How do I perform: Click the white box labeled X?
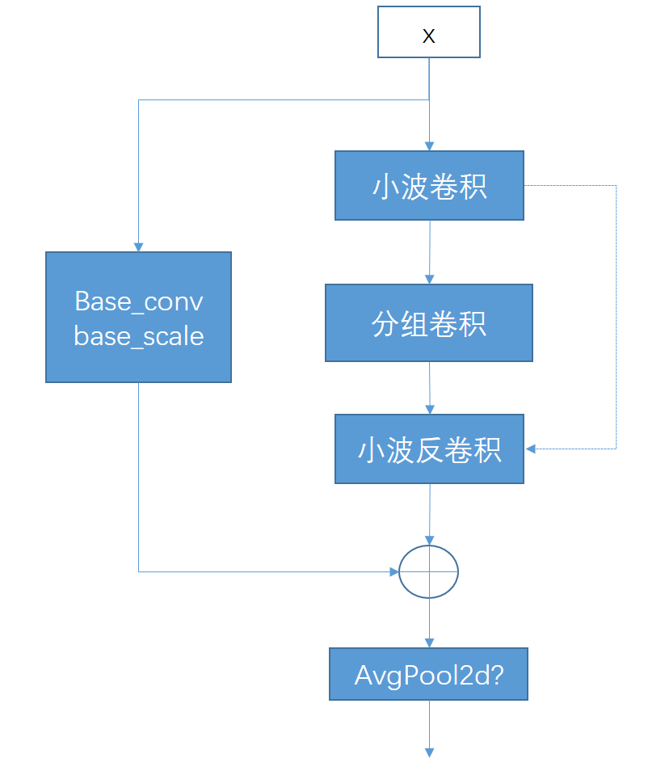click(x=429, y=32)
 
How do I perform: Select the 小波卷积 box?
click(x=429, y=185)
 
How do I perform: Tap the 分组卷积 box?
click(x=429, y=322)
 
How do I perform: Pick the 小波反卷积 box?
click(x=429, y=449)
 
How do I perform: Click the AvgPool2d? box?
click(x=428, y=674)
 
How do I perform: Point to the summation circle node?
click(x=429, y=571)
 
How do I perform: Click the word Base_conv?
click(x=138, y=301)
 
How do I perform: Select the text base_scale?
click(x=138, y=336)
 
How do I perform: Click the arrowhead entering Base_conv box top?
click(x=138, y=246)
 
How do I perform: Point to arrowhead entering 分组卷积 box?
click(x=429, y=279)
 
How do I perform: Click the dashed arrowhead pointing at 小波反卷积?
click(x=531, y=448)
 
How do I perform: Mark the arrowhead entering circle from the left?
click(x=395, y=571)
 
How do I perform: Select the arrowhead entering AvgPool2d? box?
click(x=429, y=642)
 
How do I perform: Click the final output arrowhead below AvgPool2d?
click(x=429, y=752)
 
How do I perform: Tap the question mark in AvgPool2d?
click(x=497, y=675)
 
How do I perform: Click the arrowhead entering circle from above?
click(x=429, y=540)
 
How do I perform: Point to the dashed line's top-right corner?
click(x=616, y=186)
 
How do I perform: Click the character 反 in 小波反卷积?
click(x=429, y=450)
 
